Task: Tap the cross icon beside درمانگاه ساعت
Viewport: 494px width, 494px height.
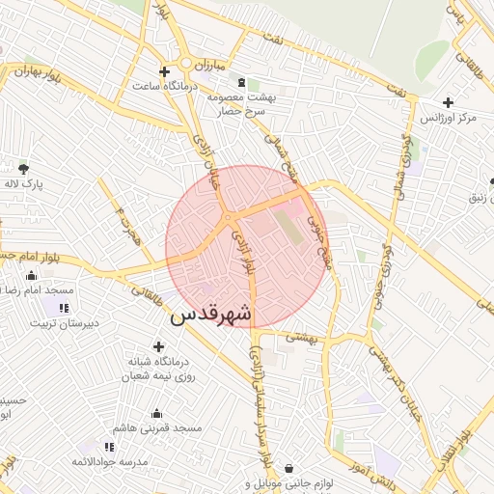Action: click(x=164, y=71)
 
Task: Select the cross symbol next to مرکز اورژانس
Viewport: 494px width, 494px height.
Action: click(x=448, y=102)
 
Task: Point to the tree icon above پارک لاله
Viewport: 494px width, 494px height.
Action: click(x=23, y=168)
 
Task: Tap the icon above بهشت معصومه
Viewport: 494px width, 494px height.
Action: click(x=240, y=83)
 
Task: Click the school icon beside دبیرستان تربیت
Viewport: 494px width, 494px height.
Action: click(x=64, y=308)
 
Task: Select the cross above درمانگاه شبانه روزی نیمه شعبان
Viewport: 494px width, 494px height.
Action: click(x=158, y=346)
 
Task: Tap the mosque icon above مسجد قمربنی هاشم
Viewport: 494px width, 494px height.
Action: click(x=156, y=413)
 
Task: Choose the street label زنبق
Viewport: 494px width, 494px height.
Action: click(x=480, y=198)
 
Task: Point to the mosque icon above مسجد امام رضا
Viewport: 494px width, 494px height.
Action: click(x=31, y=275)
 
